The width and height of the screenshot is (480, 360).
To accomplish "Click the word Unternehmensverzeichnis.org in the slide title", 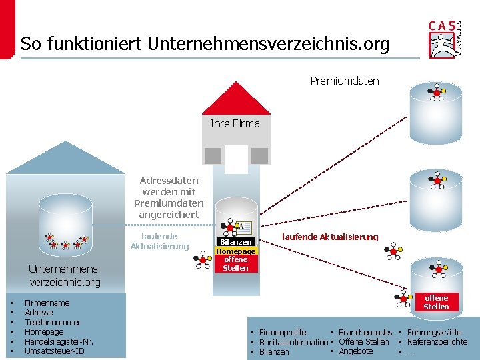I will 268,44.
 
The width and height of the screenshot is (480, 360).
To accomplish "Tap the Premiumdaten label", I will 344,81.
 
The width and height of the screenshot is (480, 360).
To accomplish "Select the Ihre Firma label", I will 235,123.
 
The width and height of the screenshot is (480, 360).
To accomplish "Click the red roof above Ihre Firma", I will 235,99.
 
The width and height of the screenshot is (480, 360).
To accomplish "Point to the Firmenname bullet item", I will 47,303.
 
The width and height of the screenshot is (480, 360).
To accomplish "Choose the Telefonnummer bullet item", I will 52,322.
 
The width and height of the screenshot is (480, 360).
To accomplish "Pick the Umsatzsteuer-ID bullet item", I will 54,351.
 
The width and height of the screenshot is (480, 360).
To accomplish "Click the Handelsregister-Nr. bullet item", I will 59,341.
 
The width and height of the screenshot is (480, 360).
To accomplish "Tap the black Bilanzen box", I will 236,241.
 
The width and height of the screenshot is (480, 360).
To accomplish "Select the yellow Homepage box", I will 235,251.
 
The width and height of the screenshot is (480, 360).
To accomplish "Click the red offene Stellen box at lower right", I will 436,302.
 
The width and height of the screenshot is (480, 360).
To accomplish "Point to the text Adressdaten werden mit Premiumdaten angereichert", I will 168,197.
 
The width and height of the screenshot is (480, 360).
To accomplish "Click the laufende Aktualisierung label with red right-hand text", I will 329,237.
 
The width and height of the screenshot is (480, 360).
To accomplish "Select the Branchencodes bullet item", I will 365,332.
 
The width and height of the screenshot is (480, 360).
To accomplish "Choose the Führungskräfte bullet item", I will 434,332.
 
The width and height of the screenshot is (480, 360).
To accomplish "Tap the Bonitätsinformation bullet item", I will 293,342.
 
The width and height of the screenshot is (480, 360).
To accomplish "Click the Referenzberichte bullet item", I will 437,341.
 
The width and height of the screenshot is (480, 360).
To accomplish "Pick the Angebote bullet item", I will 355,351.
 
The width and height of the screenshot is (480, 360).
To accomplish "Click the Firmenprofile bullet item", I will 282,332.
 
